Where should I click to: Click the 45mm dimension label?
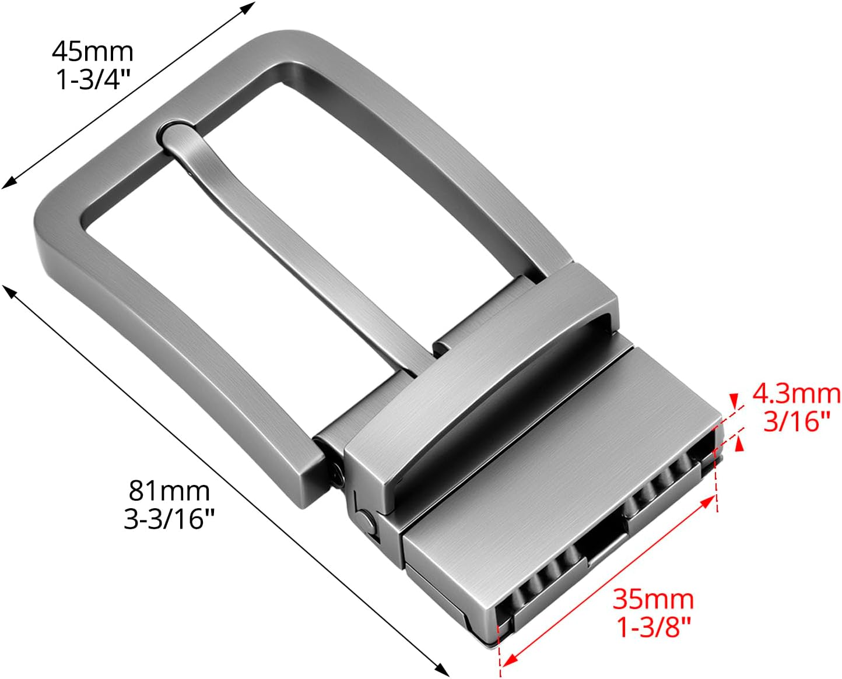[93, 51]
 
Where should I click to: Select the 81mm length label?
[169, 491]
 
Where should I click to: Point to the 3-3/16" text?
[169, 518]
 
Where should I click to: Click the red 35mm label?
[653, 599]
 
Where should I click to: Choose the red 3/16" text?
[797, 421]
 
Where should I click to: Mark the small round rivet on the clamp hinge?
[367, 520]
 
